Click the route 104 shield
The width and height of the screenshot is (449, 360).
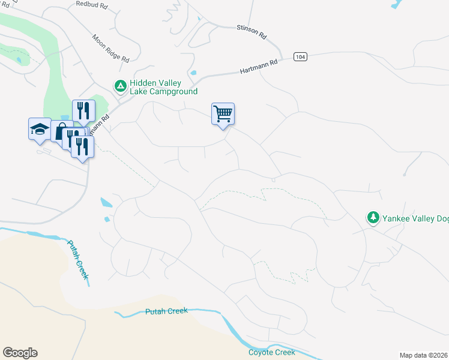click(x=301, y=56)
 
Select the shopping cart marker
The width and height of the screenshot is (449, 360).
click(x=223, y=113)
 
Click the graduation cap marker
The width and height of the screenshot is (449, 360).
click(x=40, y=128)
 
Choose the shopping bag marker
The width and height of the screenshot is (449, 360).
click(x=60, y=131)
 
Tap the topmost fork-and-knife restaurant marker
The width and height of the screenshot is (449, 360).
click(x=83, y=110)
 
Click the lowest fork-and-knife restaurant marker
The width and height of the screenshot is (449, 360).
click(x=82, y=146)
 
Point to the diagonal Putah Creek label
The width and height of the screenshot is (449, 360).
click(x=78, y=259)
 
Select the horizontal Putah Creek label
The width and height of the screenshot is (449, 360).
click(x=166, y=311)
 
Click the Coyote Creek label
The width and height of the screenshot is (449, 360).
click(x=272, y=352)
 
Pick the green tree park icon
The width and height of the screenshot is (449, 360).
click(x=373, y=217)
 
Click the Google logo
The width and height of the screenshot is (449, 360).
click(x=20, y=353)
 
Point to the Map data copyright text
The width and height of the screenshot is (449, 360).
click(x=424, y=355)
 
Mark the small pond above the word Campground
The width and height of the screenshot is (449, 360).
click(x=193, y=74)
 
